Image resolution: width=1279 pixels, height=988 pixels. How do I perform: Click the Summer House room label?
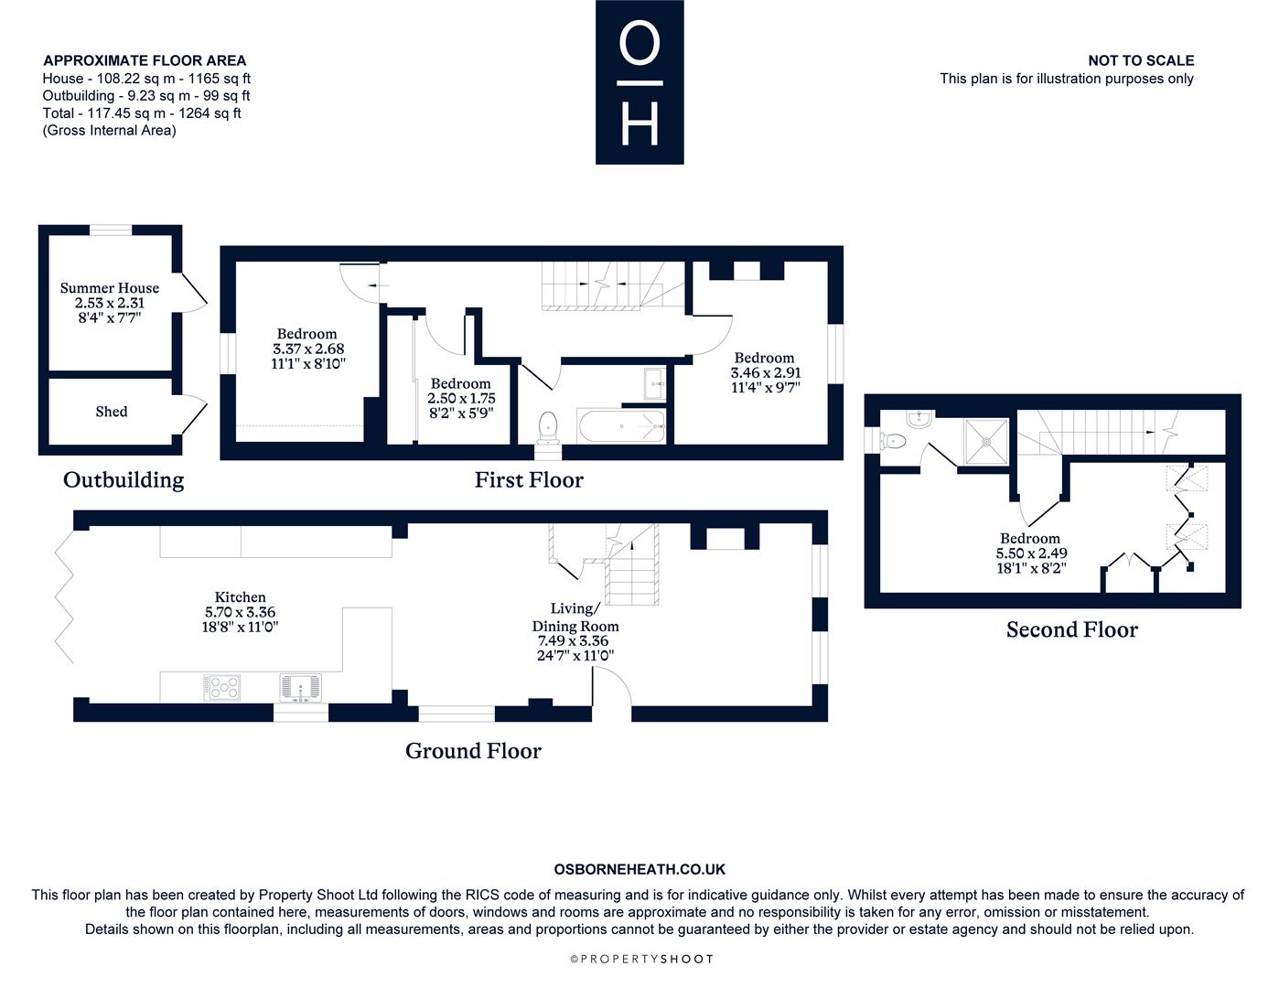click(110, 288)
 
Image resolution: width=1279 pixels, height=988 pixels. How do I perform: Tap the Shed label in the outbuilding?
click(112, 412)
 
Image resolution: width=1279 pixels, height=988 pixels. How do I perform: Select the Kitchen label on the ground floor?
click(241, 597)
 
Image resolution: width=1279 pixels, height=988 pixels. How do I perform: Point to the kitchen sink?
click(300, 686)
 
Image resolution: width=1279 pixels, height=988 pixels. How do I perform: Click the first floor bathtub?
click(621, 426)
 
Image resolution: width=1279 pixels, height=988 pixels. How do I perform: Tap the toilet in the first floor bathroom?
click(548, 425)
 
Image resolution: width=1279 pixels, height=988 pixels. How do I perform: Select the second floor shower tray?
click(986, 441)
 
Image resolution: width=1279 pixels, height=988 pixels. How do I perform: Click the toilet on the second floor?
click(896, 441)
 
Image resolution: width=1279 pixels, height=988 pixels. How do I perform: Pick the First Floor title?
click(529, 479)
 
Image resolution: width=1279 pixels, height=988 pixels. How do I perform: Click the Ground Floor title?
click(473, 751)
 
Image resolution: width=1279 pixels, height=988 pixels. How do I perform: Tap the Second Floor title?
click(1071, 629)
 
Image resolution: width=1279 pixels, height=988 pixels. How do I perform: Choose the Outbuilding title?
click(124, 479)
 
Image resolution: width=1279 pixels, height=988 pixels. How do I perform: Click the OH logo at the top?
click(639, 82)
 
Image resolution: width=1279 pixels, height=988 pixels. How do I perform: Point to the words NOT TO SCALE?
click(1140, 60)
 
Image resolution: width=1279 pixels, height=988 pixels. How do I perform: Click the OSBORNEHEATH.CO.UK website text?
click(639, 870)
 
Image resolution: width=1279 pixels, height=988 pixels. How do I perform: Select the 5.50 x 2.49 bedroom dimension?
click(1031, 553)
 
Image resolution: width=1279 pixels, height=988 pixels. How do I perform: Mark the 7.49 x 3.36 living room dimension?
click(574, 641)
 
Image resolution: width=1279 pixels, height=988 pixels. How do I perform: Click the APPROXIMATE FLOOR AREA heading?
click(145, 60)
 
